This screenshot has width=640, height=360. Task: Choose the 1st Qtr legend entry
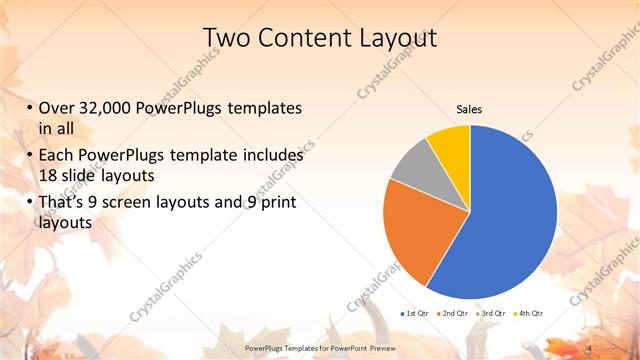click(416, 315)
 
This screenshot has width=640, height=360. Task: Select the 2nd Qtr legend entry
click(455, 315)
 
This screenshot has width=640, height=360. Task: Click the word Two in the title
click(225, 39)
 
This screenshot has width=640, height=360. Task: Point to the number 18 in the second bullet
click(48, 176)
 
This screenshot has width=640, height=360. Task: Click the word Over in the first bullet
click(58, 109)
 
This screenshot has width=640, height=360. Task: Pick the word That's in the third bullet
click(65, 204)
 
